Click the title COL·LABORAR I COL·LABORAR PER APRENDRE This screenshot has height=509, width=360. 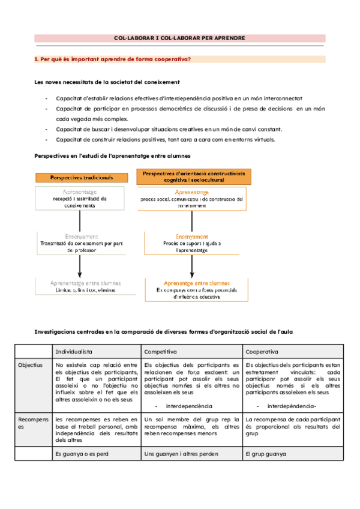tap(179, 38)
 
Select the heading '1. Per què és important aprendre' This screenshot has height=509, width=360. tap(113, 59)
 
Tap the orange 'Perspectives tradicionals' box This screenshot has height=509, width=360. tap(83, 177)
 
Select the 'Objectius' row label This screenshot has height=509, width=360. tap(30, 364)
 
